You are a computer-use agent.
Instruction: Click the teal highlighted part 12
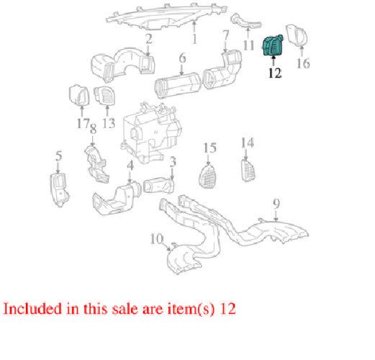(273, 45)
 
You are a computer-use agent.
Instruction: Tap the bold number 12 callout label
(275, 73)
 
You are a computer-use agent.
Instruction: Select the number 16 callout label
(303, 63)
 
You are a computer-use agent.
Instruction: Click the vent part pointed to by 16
(297, 35)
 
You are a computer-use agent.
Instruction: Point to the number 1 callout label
(194, 39)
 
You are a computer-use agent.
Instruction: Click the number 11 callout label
(248, 45)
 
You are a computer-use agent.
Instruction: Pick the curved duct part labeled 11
(245, 21)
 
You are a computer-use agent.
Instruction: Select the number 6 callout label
(183, 58)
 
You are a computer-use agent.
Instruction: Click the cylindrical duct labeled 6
(177, 85)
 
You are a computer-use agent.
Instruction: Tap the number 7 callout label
(226, 36)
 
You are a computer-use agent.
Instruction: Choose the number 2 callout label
(149, 39)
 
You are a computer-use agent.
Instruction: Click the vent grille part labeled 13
(105, 96)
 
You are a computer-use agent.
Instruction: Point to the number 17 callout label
(83, 123)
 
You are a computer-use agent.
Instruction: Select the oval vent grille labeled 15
(208, 176)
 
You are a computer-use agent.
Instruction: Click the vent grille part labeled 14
(248, 171)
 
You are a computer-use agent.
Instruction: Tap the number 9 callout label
(276, 204)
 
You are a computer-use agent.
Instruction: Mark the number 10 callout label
(157, 239)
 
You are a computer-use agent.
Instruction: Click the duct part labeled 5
(59, 189)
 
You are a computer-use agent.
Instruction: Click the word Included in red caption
(32, 309)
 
